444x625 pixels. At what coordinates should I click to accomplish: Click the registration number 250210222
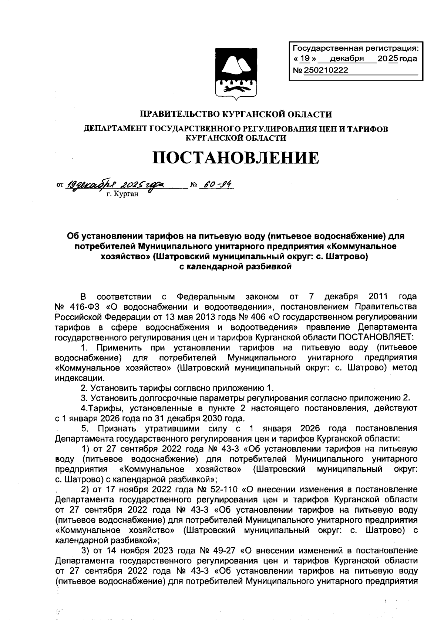pyautogui.click(x=326, y=70)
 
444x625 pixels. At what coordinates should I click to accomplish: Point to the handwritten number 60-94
pyautogui.click(x=217, y=184)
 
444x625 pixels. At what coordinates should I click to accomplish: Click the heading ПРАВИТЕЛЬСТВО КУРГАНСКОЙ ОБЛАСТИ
pyautogui.click(x=237, y=114)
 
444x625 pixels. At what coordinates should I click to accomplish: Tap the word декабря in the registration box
pyautogui.click(x=347, y=59)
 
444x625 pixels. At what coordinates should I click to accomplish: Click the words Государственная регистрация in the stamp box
pyautogui.click(x=354, y=48)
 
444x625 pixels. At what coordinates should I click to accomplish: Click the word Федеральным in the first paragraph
pyautogui.click(x=206, y=297)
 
